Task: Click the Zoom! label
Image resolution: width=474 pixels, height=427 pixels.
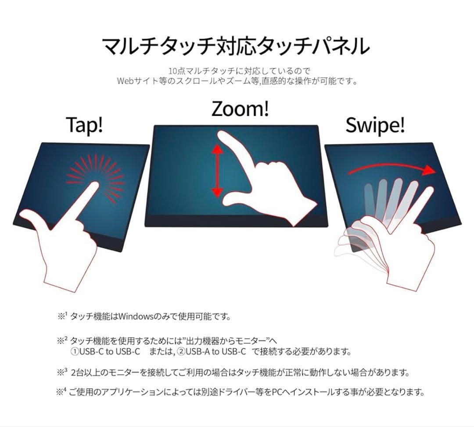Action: (x=240, y=109)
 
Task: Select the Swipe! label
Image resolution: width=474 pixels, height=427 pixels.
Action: (x=375, y=126)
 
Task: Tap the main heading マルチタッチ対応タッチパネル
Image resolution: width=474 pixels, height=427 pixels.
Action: (x=235, y=46)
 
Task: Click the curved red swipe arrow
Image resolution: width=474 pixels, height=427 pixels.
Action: (x=391, y=169)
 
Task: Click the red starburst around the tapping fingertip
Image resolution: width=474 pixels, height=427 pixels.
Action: (x=96, y=176)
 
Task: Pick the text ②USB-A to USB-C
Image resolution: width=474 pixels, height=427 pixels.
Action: (x=212, y=352)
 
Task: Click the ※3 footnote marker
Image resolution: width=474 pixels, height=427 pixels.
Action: (x=62, y=372)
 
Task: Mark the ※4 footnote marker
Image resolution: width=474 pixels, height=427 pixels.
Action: (x=61, y=391)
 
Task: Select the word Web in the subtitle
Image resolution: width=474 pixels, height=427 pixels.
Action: (x=125, y=81)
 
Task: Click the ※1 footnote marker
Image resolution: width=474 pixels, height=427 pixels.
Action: (x=62, y=316)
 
